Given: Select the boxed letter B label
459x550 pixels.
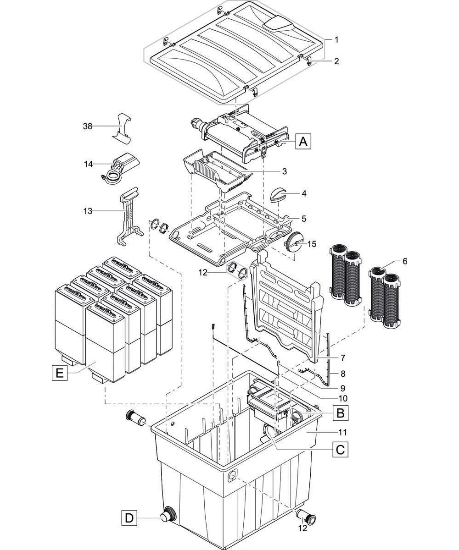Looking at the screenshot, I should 340,413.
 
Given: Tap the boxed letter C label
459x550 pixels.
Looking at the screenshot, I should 340,450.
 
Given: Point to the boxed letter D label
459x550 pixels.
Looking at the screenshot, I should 130,518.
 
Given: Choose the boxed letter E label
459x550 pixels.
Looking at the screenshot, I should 59,374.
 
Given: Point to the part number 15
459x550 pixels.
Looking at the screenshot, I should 312,244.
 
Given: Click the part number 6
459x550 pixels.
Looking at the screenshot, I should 404,261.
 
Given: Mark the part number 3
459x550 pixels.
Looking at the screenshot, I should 284,171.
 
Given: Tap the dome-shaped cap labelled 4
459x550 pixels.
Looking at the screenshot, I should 279,195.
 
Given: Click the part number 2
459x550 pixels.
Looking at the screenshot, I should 336,61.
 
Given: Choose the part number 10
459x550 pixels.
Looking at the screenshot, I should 342,398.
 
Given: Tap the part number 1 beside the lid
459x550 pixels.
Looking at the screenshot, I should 336,40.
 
